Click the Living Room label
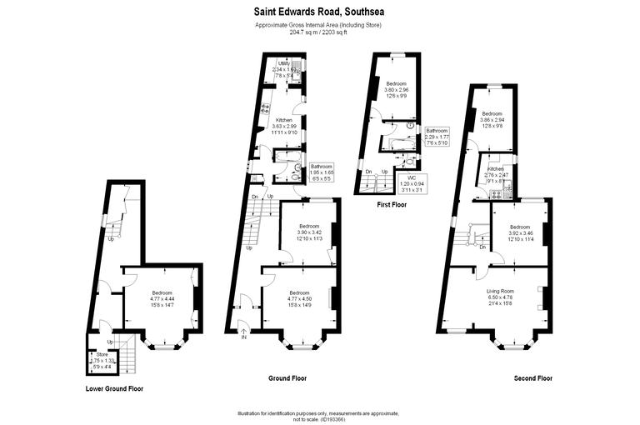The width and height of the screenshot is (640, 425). (x=500, y=290)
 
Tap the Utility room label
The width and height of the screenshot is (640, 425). (x=284, y=63)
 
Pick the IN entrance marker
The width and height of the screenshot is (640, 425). (x=244, y=337)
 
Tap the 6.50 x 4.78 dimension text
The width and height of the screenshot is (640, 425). (x=500, y=297)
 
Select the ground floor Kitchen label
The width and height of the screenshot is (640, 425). (x=284, y=121)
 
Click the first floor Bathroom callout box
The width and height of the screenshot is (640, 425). (x=437, y=137)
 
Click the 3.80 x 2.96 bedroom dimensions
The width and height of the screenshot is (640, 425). (x=397, y=90)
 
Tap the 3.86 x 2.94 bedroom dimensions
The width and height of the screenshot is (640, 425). (x=492, y=120)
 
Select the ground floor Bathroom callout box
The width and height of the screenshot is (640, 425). (x=322, y=172)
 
